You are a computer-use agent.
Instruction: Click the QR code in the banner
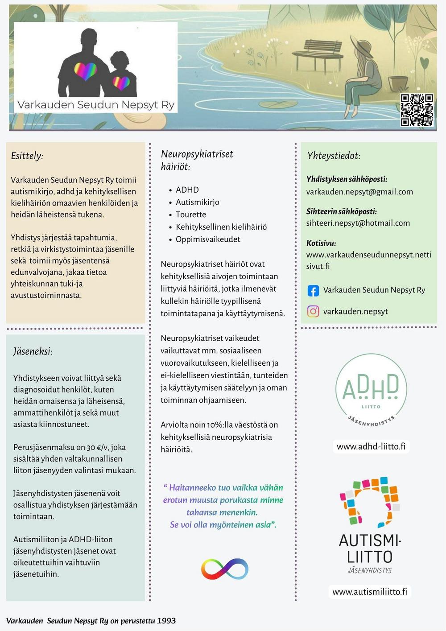(x=417, y=110)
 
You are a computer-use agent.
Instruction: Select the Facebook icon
(x=313, y=291)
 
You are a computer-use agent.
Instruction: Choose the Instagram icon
(x=313, y=311)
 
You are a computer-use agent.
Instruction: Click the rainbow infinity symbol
(x=224, y=569)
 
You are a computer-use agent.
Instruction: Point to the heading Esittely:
(x=27, y=156)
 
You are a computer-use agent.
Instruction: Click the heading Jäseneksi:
(x=33, y=351)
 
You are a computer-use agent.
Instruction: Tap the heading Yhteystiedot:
(x=334, y=156)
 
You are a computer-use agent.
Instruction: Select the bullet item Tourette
(x=191, y=214)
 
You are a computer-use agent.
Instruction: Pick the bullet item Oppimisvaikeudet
(x=208, y=239)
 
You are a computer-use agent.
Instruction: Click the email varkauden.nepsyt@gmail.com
(x=359, y=192)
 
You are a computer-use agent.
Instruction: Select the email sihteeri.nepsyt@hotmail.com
(x=358, y=223)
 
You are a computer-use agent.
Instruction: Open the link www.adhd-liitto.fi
(x=371, y=446)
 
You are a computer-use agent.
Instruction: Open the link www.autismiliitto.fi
(x=370, y=592)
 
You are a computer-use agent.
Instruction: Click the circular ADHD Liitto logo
(x=371, y=390)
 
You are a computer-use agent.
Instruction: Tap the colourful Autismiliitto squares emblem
(x=370, y=501)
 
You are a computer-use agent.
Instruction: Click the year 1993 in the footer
(x=166, y=621)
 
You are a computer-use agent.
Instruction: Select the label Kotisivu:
(x=321, y=243)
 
